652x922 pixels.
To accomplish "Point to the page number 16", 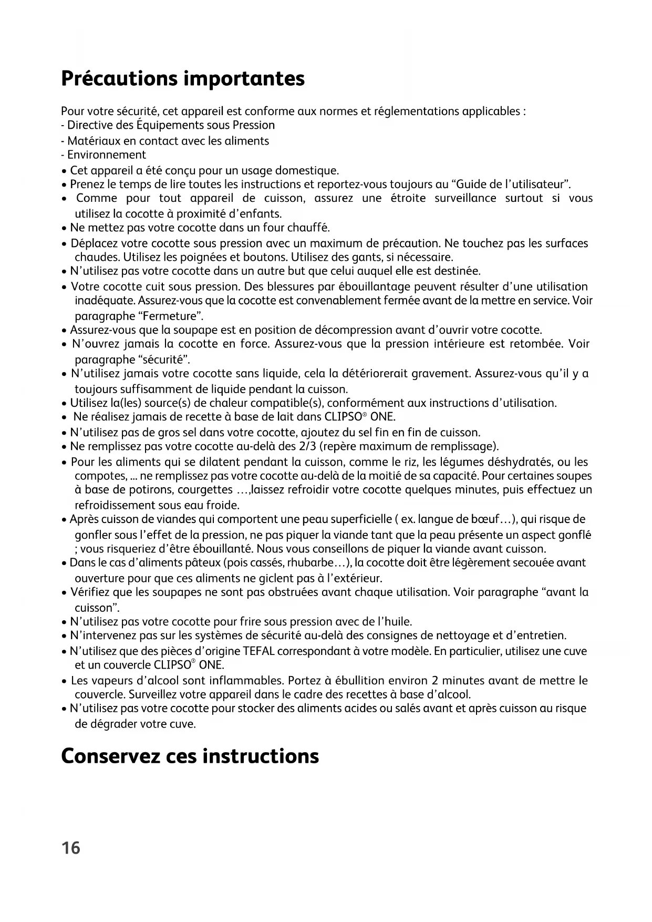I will (x=71, y=848).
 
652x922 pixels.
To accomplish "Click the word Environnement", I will (x=107, y=155).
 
